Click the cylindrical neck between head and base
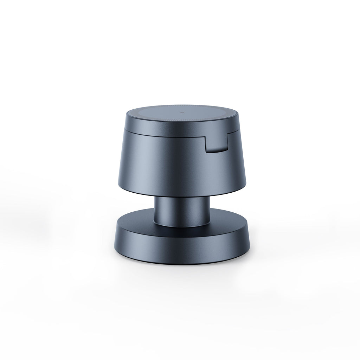point(181,211)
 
